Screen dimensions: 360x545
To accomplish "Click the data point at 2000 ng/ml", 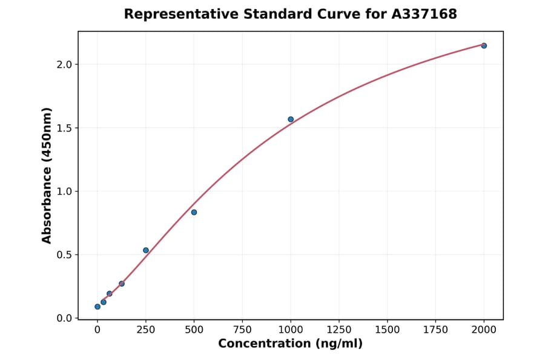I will coord(484,45).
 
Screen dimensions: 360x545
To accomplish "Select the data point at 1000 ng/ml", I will coord(291,119).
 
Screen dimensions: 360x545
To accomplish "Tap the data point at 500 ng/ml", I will coord(194,212).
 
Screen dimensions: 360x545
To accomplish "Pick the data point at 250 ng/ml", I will coord(146,250).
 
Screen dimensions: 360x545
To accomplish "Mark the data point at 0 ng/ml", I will coord(97,307).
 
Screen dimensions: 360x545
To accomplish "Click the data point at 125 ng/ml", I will coord(122,284).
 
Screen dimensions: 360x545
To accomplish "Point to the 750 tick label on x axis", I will coord(242,330).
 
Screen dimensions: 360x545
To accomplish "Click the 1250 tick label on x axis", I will coord(339,330).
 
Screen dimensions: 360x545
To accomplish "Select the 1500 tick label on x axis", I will coord(388,330).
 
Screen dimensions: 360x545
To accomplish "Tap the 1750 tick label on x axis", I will coord(435,330).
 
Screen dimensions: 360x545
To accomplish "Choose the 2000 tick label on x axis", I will coord(484,330).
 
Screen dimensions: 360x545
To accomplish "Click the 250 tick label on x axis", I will coord(146,330).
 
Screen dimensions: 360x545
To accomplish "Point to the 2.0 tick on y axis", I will coord(64,64).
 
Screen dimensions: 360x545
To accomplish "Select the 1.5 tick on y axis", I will coord(64,128).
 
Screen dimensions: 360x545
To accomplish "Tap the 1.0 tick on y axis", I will coord(64,192).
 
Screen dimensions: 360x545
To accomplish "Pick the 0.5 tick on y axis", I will coord(64,255).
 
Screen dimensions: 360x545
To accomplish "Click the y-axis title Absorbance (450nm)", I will coord(47,175).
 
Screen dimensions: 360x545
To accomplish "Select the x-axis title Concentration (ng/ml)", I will coord(290,344).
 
